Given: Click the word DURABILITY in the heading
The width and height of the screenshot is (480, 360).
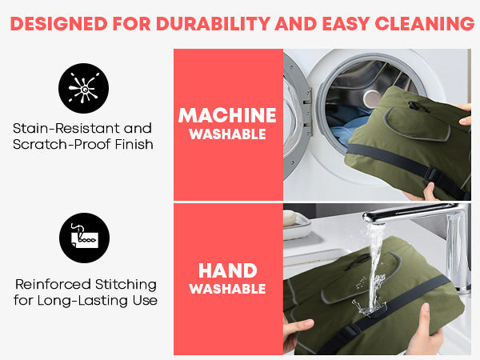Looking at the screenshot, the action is [213, 23].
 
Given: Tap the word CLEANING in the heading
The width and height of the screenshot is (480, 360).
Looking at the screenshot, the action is [425, 23].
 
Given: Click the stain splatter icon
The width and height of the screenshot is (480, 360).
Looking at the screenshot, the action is [83, 89].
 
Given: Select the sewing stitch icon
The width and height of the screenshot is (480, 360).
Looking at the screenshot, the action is [84, 238].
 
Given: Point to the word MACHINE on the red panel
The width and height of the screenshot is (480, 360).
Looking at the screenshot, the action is [227, 115].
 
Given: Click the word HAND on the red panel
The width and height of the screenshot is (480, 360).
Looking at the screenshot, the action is [227, 270].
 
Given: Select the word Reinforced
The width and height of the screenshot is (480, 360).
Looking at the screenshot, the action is [53, 284].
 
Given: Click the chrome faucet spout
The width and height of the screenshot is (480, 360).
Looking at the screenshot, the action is [407, 215].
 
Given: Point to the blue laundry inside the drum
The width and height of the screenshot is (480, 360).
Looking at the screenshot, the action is [346, 129].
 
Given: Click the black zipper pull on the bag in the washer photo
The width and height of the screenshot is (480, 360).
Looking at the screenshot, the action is [415, 106].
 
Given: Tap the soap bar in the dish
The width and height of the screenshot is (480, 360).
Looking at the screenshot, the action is [290, 218].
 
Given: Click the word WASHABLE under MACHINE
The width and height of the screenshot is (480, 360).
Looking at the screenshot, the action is [227, 134].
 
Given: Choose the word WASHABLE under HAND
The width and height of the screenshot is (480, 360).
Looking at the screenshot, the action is [227, 289].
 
